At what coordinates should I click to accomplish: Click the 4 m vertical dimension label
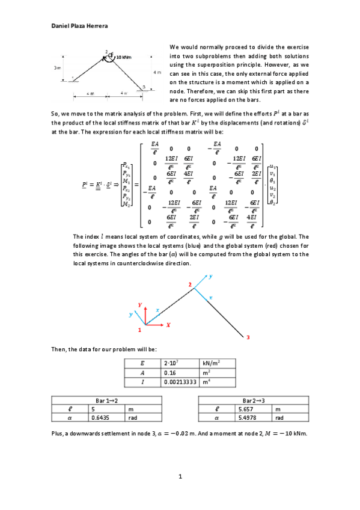click(x=157, y=72)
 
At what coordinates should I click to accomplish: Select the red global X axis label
click(x=168, y=324)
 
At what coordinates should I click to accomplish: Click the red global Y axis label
click(x=139, y=305)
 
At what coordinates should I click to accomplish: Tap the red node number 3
click(x=248, y=339)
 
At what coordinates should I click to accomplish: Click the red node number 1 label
click(x=139, y=330)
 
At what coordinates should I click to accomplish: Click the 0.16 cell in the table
click(x=170, y=372)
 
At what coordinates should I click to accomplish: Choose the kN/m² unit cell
click(x=211, y=363)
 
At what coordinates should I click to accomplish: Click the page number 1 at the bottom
click(x=180, y=477)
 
